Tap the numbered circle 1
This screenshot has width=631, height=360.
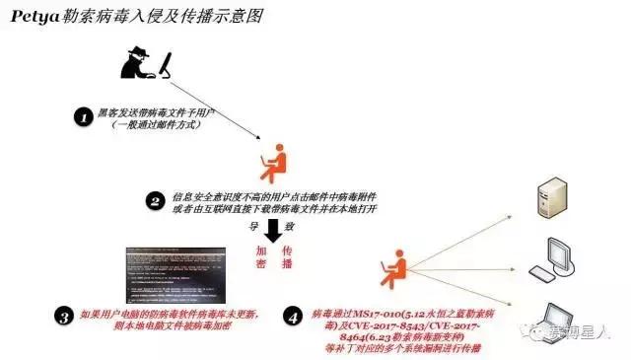[84, 116]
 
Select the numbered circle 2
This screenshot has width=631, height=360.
[155, 202]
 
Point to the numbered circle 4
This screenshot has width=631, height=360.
[294, 317]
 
